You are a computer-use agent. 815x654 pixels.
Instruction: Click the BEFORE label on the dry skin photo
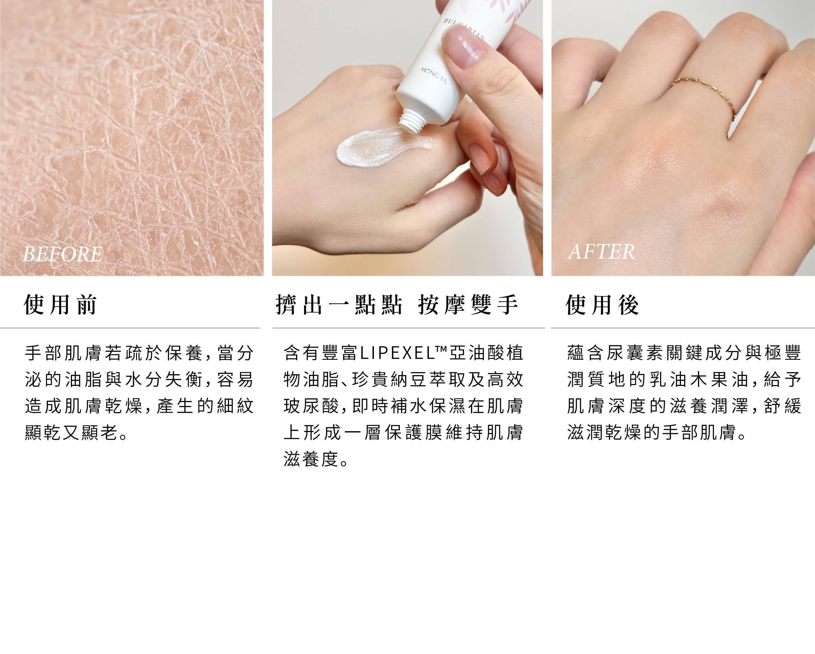(x=62, y=254)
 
